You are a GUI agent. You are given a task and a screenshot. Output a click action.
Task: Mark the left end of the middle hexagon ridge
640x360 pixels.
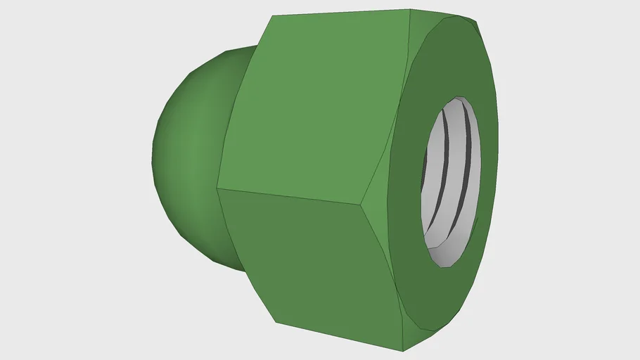[x=217, y=188]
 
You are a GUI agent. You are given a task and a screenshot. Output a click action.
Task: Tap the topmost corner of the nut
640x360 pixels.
[x=411, y=10]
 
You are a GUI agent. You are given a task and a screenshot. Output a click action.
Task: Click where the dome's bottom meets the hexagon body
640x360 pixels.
[x=243, y=269]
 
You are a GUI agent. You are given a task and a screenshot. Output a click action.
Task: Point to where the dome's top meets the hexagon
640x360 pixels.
[x=253, y=47]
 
